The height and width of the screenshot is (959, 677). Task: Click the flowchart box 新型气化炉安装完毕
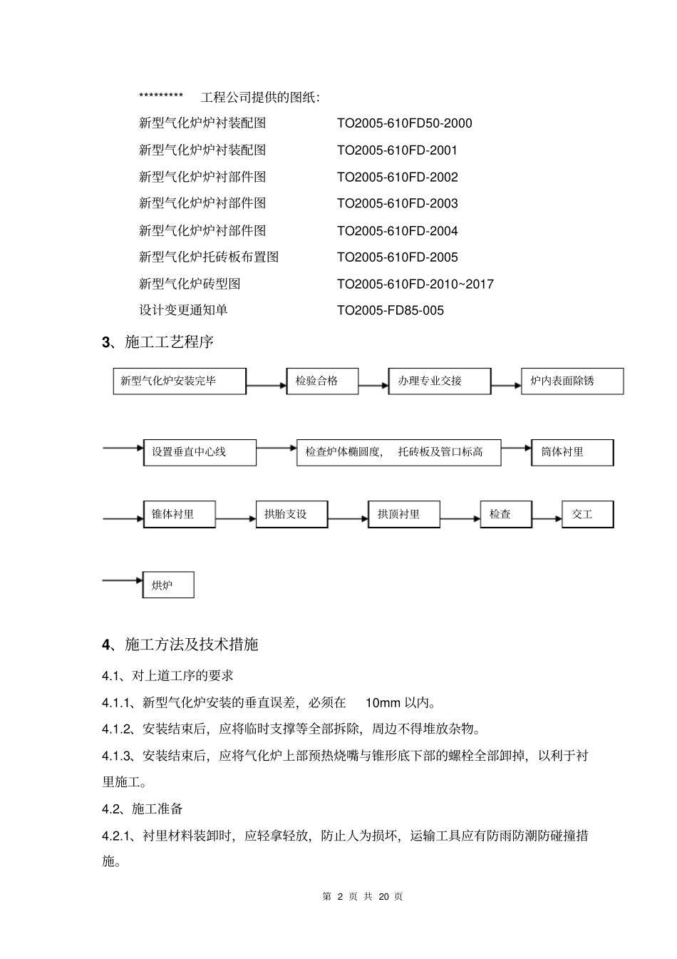(180, 381)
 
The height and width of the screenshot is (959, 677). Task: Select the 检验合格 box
(322, 381)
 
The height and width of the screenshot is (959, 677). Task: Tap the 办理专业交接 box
(439, 381)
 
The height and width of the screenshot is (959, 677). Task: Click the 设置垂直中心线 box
(200, 452)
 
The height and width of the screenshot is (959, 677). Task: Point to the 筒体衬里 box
(572, 452)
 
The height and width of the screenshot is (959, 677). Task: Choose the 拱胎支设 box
(291, 514)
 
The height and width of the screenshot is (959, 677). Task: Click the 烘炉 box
(168, 585)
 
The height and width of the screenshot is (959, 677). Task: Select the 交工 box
(587, 514)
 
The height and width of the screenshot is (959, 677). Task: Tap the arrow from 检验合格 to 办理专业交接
(373, 386)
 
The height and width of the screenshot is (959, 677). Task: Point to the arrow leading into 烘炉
(123, 580)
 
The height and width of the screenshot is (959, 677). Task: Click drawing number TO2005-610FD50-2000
(404, 123)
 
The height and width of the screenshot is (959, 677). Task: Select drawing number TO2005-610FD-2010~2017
(415, 284)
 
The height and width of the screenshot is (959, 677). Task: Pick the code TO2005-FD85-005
(390, 310)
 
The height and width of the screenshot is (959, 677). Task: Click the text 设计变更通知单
(183, 310)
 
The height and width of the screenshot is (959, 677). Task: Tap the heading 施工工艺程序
(169, 342)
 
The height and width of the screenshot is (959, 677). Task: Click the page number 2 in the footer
(340, 896)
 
